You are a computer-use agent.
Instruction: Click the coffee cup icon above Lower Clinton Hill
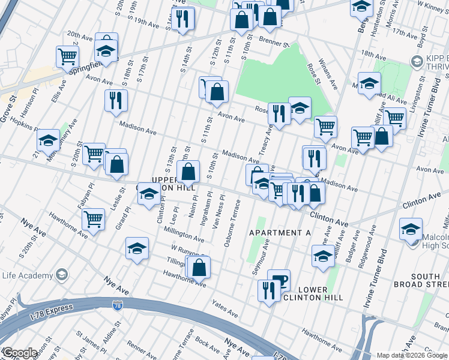[279, 280]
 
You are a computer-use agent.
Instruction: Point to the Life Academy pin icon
[61, 275]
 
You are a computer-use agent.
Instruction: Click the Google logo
[20, 353]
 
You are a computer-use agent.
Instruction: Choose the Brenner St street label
[274, 43]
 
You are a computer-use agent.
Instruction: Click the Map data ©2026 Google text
[412, 355]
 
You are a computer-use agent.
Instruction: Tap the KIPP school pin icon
[416, 61]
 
